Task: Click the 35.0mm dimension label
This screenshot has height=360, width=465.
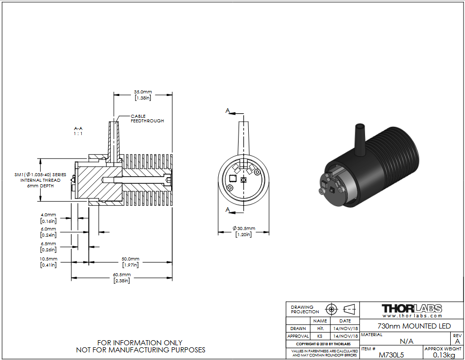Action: pyautogui.click(x=143, y=95)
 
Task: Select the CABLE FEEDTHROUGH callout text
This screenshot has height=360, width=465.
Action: pyautogui.click(x=147, y=119)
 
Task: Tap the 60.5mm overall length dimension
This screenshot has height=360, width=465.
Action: pyautogui.click(x=122, y=278)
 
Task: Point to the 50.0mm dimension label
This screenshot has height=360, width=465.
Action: pyautogui.click(x=130, y=262)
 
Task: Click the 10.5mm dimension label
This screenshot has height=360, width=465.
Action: pyautogui.click(x=48, y=262)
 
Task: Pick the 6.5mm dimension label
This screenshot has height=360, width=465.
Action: pyautogui.click(x=48, y=247)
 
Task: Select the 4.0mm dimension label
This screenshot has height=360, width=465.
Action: pyautogui.click(x=48, y=218)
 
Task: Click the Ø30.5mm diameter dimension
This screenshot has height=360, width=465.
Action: pyautogui.click(x=244, y=232)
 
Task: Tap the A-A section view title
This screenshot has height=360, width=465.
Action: pyautogui.click(x=78, y=131)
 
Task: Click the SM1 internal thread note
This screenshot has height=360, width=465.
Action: pyautogui.click(x=40, y=180)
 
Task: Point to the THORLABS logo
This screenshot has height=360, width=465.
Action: pyautogui.click(x=412, y=310)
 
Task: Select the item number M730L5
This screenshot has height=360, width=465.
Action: pyautogui.click(x=391, y=355)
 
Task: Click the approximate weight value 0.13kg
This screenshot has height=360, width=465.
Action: pyautogui.click(x=444, y=355)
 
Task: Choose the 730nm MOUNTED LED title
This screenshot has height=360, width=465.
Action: pyautogui.click(x=414, y=326)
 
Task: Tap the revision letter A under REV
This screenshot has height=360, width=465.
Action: pyautogui.click(x=457, y=341)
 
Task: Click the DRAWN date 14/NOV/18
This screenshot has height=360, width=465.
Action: pyautogui.click(x=346, y=329)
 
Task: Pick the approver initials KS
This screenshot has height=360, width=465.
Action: pyautogui.click(x=320, y=336)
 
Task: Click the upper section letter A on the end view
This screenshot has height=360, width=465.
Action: pyautogui.click(x=227, y=111)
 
